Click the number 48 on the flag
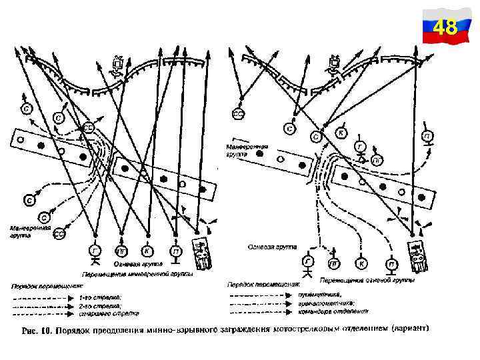445,28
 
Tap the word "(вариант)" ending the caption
411,329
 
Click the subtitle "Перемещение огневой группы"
367,280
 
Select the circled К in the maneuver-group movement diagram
148,251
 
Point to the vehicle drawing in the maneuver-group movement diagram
202,251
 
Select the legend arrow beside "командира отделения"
263,311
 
